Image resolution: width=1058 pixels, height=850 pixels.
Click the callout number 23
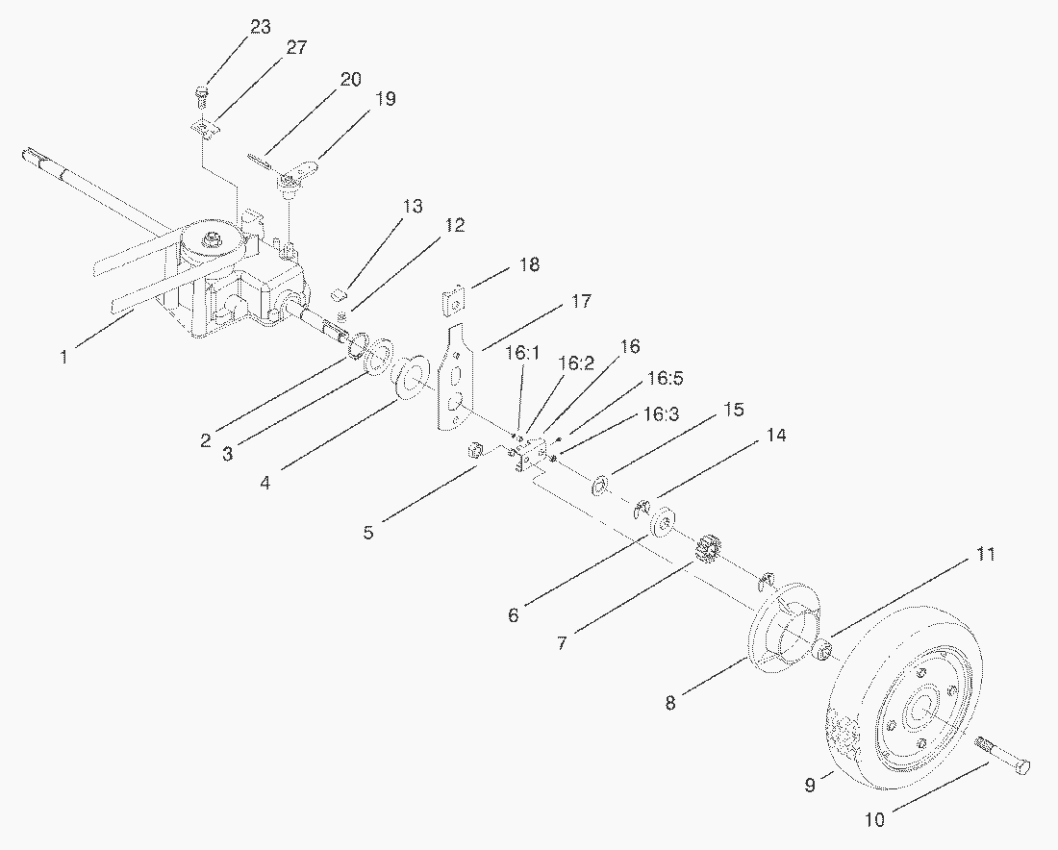tap(260, 27)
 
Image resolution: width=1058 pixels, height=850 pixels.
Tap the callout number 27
tap(296, 47)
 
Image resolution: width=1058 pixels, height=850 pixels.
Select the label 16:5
tap(666, 379)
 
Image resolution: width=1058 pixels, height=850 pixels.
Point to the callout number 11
tap(985, 555)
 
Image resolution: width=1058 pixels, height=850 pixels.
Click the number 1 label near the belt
tap(64, 356)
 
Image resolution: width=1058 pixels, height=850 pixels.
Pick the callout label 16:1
tap(522, 353)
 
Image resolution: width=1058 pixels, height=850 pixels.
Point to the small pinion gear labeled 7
tap(705, 550)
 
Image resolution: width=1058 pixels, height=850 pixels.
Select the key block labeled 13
tap(340, 294)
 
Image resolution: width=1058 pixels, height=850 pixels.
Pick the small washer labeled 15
tap(600, 486)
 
